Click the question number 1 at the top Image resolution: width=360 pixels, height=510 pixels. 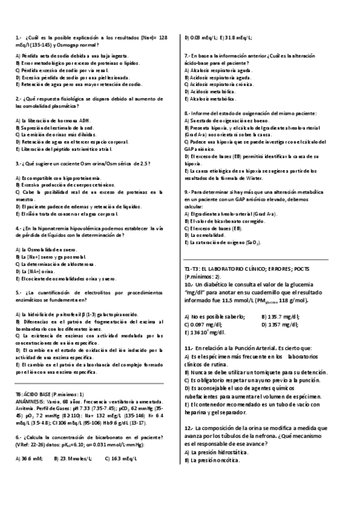coord(18,37)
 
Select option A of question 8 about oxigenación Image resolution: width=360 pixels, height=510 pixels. coord(223,121)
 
